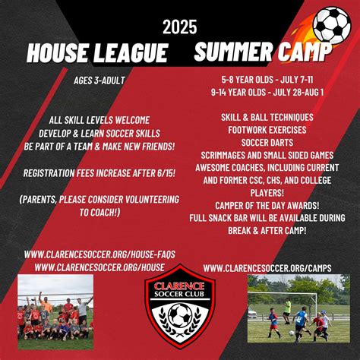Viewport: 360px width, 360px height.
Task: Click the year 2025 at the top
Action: pos(180,27)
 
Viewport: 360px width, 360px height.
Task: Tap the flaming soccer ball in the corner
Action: pos(331,25)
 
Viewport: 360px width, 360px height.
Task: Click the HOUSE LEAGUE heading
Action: pos(97,52)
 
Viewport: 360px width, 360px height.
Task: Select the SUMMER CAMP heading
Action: pos(262,52)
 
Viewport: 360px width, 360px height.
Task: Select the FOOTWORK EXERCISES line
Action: pos(262,131)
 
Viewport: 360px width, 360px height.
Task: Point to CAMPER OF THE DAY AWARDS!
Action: pos(262,205)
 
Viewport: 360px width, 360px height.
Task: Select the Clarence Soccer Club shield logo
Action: pos(180,307)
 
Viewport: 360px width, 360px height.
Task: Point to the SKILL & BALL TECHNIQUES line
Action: pos(262,118)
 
